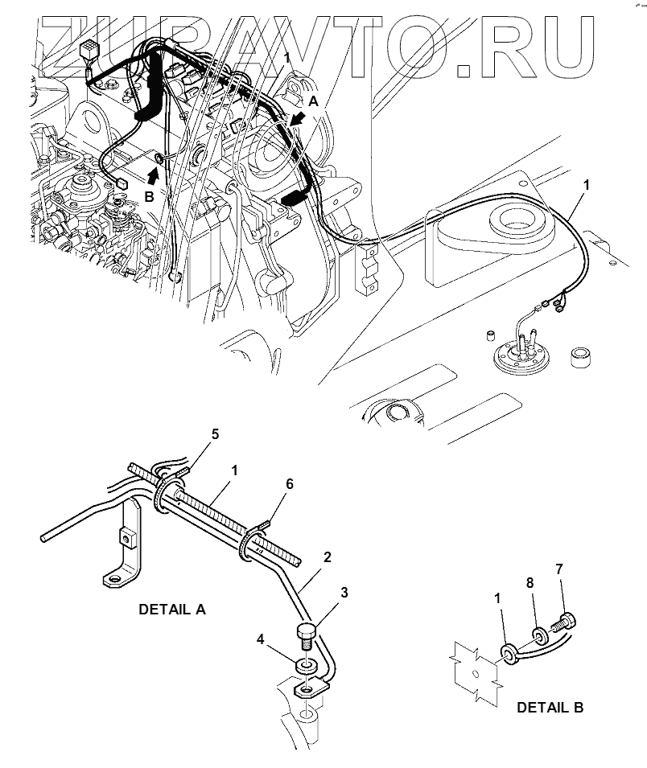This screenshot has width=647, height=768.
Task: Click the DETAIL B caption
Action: click(x=550, y=708)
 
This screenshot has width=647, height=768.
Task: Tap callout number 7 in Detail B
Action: click(x=559, y=569)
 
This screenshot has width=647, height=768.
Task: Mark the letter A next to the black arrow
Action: click(x=315, y=101)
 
